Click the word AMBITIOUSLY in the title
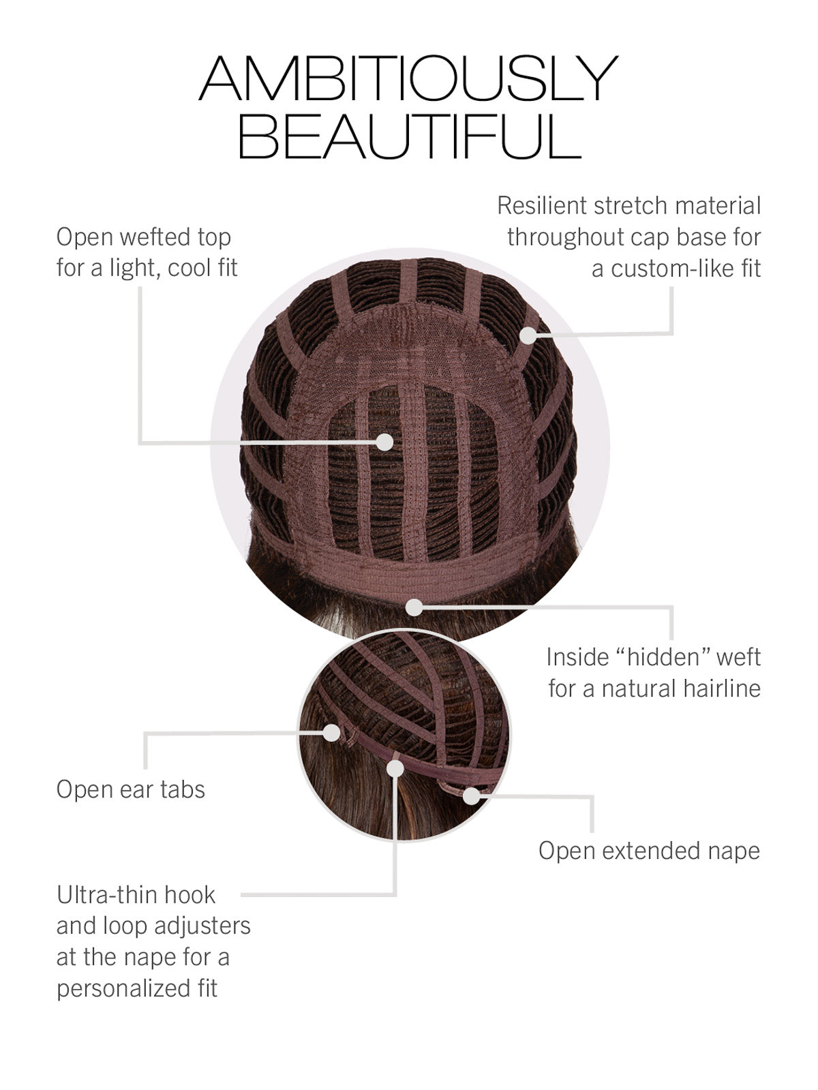[x=408, y=78]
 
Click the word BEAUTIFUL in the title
[x=410, y=136]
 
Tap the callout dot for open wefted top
[x=384, y=442]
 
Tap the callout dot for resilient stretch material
[x=528, y=335]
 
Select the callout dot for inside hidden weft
[x=414, y=607]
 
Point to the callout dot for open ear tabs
[x=331, y=732]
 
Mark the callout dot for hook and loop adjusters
[x=395, y=769]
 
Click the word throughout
[x=563, y=237]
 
